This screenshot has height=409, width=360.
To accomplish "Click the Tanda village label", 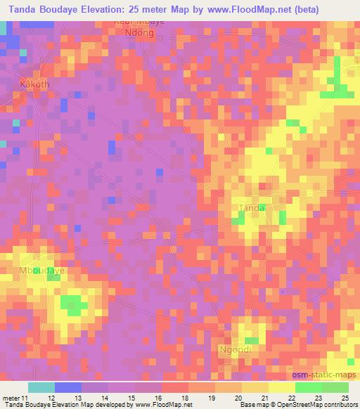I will [252, 208].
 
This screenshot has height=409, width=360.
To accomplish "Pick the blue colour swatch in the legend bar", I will [68, 387].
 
